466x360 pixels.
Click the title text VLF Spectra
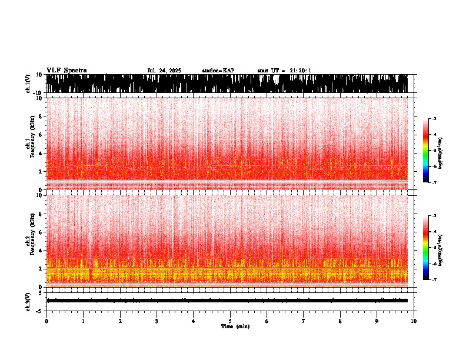[66, 71]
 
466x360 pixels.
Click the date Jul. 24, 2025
[164, 71]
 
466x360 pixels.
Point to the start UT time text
[284, 71]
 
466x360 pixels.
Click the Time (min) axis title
[235, 326]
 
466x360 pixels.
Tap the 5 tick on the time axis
[230, 321]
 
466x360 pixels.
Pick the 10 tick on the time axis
[414, 321]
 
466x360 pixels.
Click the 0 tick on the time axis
[46, 321]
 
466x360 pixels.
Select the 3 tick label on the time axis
[157, 321]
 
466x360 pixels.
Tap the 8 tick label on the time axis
[341, 321]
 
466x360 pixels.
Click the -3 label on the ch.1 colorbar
[434, 119]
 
